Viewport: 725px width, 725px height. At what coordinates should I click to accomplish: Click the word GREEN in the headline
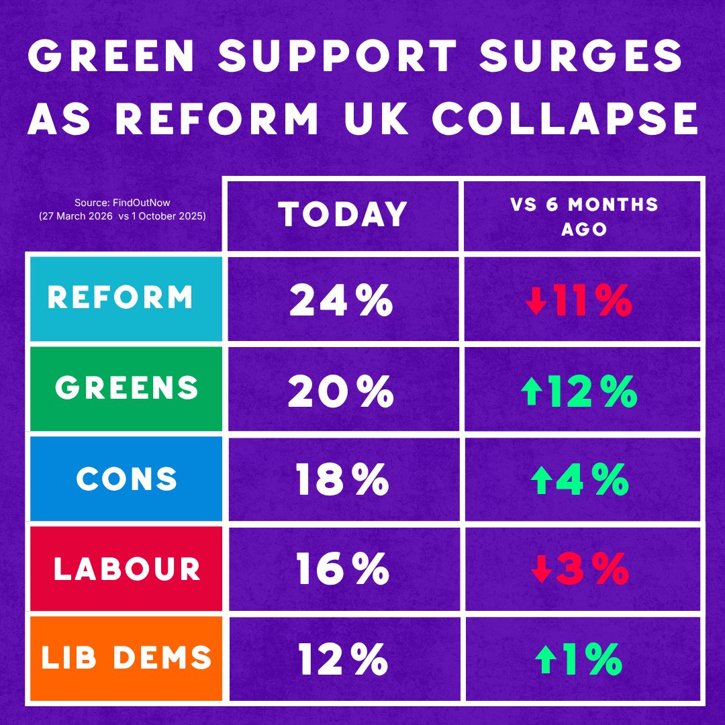[111, 56]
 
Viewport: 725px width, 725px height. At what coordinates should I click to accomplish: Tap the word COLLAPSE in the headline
[565, 118]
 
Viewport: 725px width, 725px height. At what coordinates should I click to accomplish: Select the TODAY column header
[342, 214]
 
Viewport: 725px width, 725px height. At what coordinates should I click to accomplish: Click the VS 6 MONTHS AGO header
[584, 216]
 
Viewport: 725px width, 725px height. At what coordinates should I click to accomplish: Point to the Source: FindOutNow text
[123, 203]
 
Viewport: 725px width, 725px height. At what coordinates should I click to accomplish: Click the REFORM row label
[120, 297]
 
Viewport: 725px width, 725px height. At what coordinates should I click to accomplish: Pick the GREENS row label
[127, 387]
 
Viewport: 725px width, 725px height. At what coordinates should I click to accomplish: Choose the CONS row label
[127, 478]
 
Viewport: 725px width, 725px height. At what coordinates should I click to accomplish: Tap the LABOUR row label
[127, 569]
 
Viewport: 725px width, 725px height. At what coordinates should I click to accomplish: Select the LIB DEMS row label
[126, 657]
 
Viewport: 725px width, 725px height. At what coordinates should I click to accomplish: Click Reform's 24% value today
[341, 300]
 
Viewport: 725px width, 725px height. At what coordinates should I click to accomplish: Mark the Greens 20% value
[341, 391]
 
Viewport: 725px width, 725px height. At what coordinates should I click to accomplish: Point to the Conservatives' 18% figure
[342, 479]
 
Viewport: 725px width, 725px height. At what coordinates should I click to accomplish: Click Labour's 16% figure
[342, 569]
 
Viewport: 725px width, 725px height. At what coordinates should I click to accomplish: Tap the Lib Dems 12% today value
[342, 659]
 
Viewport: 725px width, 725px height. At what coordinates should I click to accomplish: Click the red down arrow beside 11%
[536, 301]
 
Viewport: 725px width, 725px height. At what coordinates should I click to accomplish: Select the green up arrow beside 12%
[532, 391]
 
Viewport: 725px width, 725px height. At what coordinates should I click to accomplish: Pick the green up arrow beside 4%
[542, 481]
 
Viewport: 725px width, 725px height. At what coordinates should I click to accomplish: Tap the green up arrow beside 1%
[546, 659]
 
